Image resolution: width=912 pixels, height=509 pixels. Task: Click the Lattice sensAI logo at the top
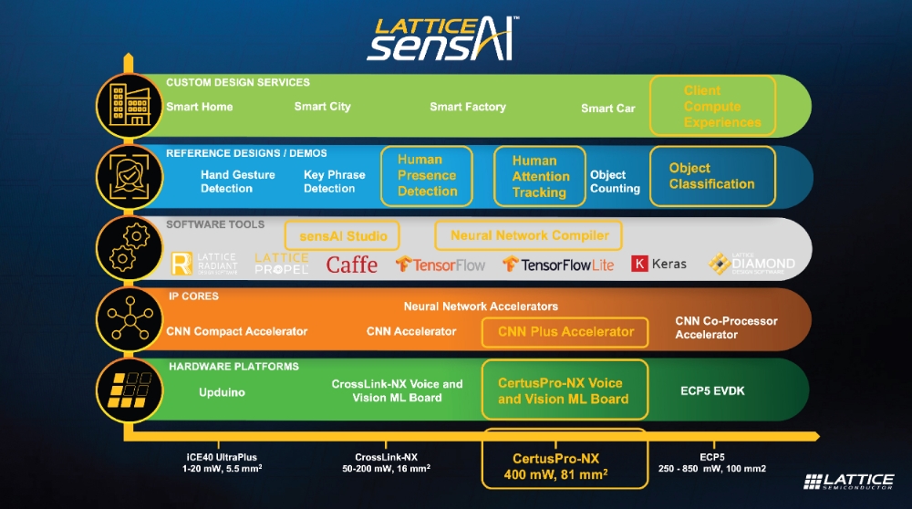[443, 37]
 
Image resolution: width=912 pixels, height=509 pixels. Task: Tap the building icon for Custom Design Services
[124, 105]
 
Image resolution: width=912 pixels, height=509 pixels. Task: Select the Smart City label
[322, 107]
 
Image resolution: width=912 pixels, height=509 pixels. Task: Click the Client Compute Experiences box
[713, 107]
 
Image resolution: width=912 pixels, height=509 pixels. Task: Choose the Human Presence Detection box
[427, 175]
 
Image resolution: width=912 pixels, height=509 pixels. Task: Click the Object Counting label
[615, 182]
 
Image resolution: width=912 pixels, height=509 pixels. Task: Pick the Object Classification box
[712, 176]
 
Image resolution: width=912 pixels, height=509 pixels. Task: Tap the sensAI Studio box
[343, 235]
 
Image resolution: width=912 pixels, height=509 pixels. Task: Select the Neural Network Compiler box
[529, 235]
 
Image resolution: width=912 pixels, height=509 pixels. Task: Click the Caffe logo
[352, 265]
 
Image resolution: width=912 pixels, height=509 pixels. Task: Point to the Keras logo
[659, 264]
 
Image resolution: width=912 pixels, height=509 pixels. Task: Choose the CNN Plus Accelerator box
[565, 332]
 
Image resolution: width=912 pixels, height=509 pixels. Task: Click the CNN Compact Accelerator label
[236, 331]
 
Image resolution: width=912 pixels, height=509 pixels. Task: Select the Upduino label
[222, 392]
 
